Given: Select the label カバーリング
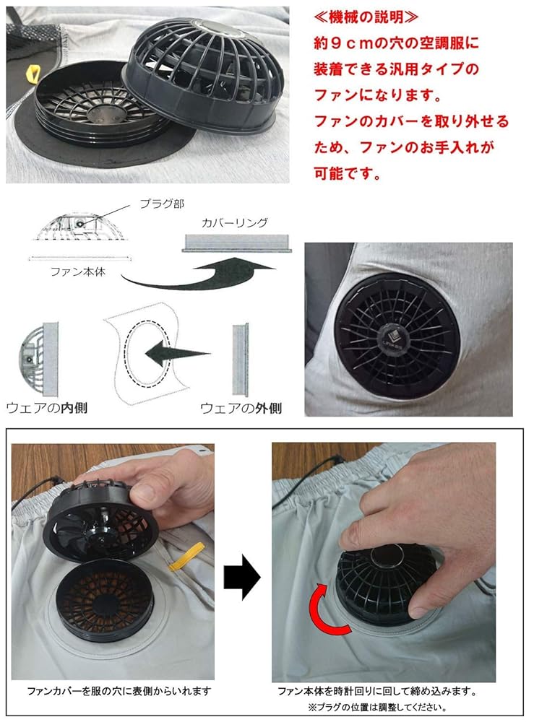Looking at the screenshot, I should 236,223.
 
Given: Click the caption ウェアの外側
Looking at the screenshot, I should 241,407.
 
